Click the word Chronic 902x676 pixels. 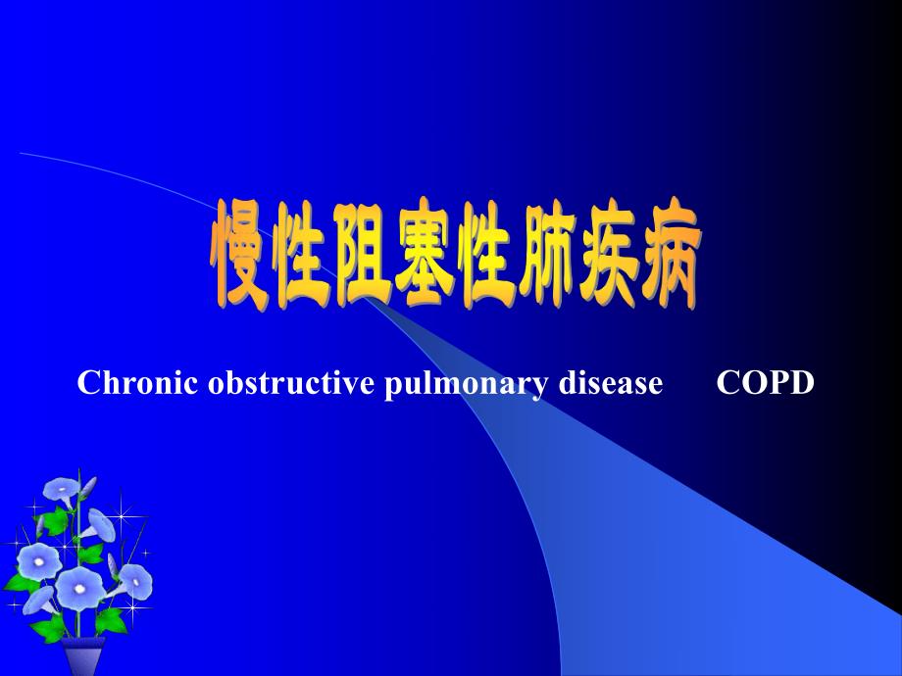click(x=138, y=384)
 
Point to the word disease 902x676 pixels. click(x=606, y=384)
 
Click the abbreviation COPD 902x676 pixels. click(x=766, y=384)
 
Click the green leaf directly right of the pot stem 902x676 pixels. click(x=110, y=619)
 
